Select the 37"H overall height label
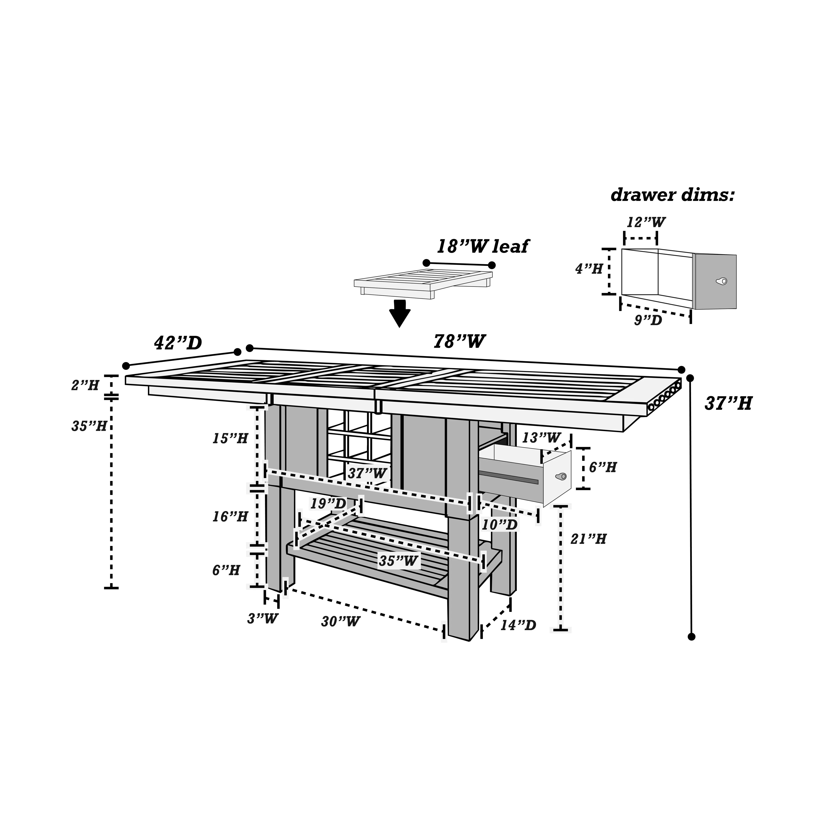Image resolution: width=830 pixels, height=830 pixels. pos(728,404)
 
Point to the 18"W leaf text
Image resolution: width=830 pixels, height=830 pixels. pos(482,247)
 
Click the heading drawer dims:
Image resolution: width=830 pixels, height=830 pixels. pos(672,195)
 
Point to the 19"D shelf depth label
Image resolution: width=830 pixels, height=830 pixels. pos(328,504)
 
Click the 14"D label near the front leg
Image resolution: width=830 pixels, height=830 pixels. pos(518,625)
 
